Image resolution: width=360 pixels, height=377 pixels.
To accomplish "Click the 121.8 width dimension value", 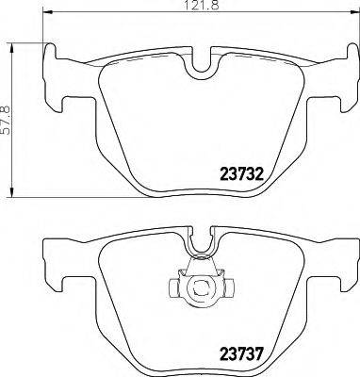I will (194, 8).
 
